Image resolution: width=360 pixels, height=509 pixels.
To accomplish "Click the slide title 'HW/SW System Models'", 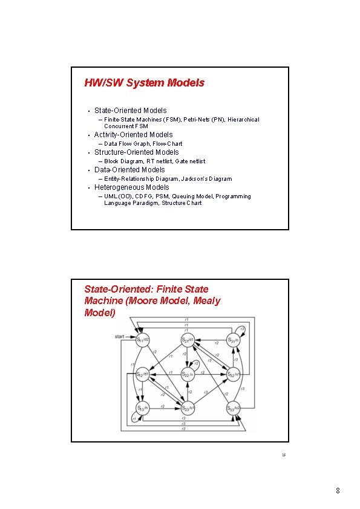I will click(x=144, y=83).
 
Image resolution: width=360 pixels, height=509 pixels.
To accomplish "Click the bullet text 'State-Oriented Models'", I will click(x=130, y=111).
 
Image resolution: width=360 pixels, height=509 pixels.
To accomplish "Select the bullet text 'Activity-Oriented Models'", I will click(x=133, y=135).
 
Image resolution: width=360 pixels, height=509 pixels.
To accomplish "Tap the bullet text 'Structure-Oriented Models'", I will click(x=136, y=152).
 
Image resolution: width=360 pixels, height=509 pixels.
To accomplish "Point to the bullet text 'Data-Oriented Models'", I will click(x=129, y=170).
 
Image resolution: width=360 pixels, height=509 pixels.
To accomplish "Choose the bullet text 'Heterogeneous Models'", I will click(x=131, y=187).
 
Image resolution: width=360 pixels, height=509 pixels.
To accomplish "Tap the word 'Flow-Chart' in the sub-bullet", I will click(x=168, y=144).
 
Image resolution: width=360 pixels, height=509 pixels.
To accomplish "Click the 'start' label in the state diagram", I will click(x=119, y=336).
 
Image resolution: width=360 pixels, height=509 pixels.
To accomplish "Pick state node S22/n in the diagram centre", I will click(x=188, y=375).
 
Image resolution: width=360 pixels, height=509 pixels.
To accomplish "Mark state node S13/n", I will click(x=141, y=409).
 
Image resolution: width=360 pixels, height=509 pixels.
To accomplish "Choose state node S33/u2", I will click(x=234, y=409).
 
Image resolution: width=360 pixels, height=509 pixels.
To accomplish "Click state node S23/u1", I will click(x=188, y=409).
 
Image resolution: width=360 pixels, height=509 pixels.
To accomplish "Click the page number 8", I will click(x=338, y=491).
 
